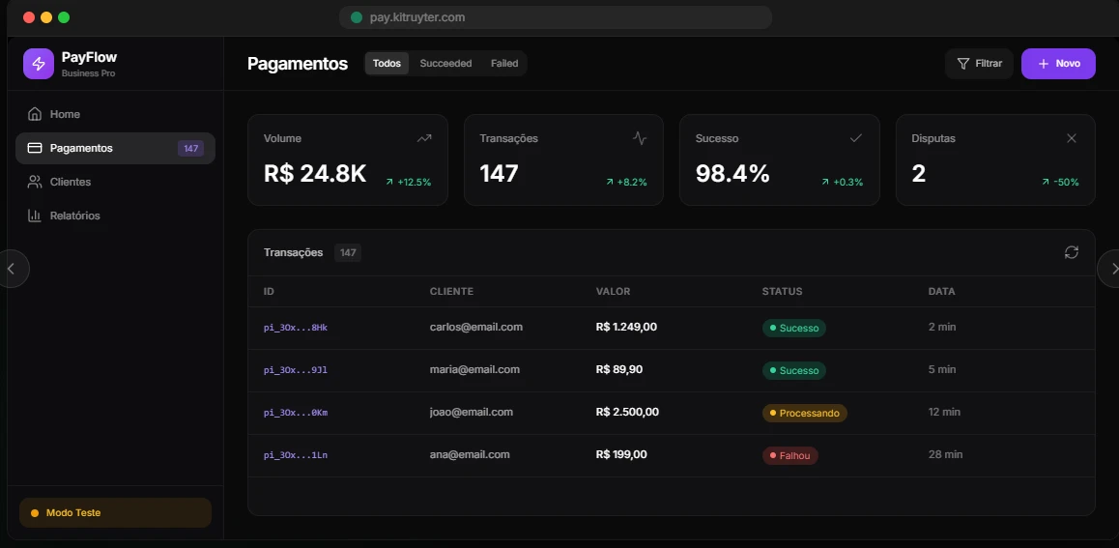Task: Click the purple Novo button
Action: click(x=1058, y=64)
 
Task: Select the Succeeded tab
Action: click(x=445, y=64)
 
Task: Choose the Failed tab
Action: click(x=504, y=64)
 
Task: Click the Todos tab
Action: click(x=387, y=64)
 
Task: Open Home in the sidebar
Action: click(x=65, y=114)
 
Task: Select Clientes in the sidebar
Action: click(x=70, y=182)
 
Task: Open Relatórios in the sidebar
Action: click(x=74, y=216)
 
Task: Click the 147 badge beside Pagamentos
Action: click(x=190, y=149)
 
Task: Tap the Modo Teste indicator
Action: click(x=115, y=513)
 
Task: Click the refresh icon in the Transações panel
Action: click(x=1071, y=252)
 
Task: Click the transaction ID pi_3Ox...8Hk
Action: click(x=296, y=328)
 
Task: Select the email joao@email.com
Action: click(x=472, y=412)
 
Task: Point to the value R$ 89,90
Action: click(x=619, y=369)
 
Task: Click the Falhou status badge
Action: click(x=790, y=455)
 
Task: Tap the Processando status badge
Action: click(x=804, y=413)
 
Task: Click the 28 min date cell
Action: click(x=945, y=454)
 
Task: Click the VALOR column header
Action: click(x=613, y=291)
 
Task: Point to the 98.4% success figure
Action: click(x=732, y=174)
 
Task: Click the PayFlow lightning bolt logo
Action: click(x=39, y=64)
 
